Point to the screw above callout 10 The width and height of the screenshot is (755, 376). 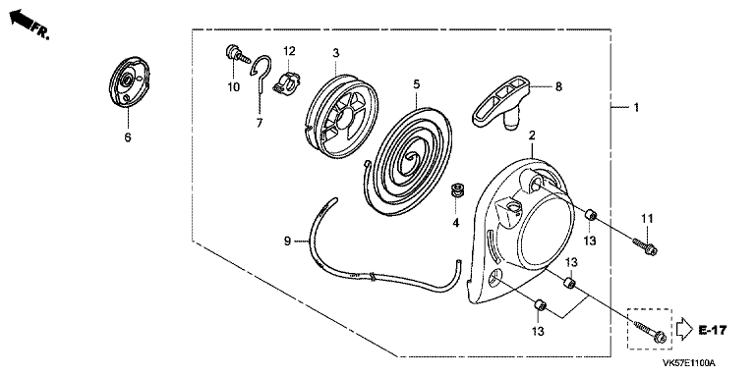pos(237,53)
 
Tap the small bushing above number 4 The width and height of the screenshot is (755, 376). pos(456,189)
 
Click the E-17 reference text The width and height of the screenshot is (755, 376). pos(713,330)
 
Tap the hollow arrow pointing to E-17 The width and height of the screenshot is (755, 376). pos(684,329)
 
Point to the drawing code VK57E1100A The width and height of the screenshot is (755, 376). pos(688,363)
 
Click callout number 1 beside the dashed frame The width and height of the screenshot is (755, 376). pos(636,107)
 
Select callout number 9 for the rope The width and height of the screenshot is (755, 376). pos(287,241)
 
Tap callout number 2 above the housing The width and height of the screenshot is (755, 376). pos(532,136)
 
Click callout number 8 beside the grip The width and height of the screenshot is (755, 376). pos(558,86)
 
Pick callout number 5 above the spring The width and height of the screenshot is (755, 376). pos(417,84)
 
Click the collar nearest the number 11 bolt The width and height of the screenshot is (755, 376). pos(591,215)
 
